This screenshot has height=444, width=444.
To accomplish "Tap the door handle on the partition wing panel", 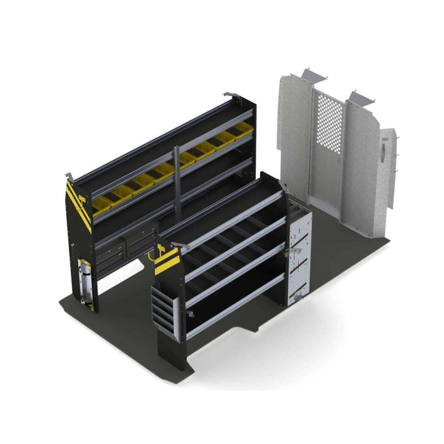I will click(384, 149).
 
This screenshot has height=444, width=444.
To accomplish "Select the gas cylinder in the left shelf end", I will click(85, 281).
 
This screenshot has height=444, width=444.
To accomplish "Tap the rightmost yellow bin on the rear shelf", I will click(243, 129).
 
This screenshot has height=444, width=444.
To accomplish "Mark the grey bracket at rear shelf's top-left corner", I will click(70, 176).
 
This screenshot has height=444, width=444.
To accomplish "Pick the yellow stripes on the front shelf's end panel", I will click(167, 261).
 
